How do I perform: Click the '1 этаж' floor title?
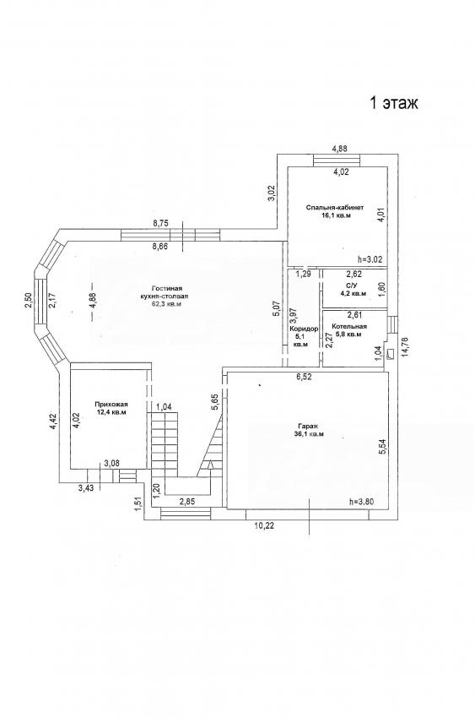point(394,103)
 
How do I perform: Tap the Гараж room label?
point(310,426)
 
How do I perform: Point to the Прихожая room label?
point(111,405)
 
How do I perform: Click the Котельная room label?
point(350,327)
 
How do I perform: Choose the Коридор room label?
point(304,329)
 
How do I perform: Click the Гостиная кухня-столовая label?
point(165,292)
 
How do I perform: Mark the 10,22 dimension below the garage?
point(264,525)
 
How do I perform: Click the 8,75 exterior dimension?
point(160,224)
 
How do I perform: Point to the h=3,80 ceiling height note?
point(361,502)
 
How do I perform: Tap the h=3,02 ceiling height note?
point(370,259)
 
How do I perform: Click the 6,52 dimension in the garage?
point(304,377)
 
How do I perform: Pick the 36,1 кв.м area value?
point(309,434)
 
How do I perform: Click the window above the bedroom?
point(337,160)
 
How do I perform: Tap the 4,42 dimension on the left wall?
point(53,422)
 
